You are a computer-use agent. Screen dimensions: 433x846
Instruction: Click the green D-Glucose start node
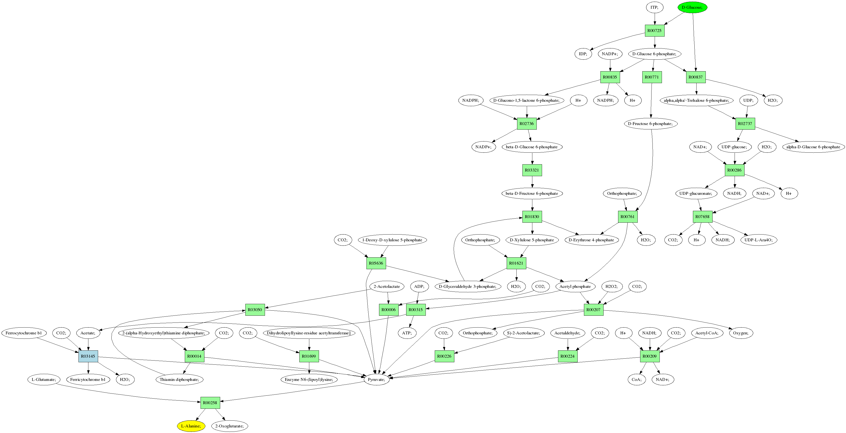692,7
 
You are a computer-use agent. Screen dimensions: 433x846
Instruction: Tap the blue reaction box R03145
88,356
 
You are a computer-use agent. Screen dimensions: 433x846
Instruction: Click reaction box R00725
654,31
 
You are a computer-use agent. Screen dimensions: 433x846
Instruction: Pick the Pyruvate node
376,379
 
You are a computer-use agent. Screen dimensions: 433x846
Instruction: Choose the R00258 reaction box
210,403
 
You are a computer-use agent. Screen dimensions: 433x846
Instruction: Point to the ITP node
654,7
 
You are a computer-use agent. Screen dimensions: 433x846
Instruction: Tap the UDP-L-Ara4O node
759,240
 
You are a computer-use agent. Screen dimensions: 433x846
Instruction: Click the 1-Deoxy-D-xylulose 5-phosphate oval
392,240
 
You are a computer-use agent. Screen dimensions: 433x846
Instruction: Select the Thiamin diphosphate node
179,379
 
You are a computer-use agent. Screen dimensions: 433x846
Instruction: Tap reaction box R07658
702,217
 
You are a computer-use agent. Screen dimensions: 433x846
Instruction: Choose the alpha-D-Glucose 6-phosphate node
813,147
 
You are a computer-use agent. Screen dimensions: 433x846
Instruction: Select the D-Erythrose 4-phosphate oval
591,240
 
